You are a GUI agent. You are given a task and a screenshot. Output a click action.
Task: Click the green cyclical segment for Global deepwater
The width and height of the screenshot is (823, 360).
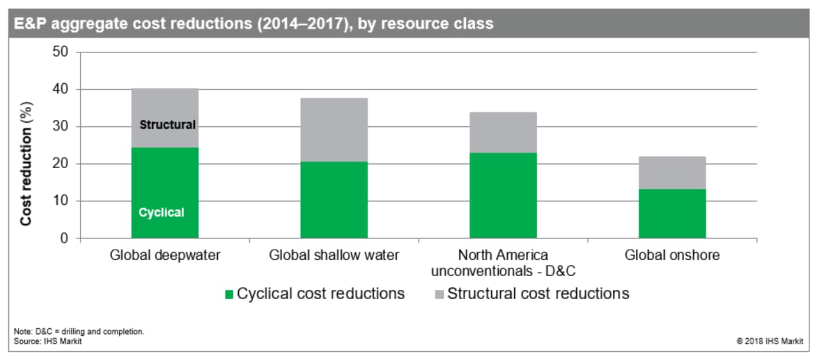pyautogui.click(x=165, y=193)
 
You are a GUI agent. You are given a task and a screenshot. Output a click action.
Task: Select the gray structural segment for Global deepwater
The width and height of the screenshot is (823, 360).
pyautogui.click(x=165, y=118)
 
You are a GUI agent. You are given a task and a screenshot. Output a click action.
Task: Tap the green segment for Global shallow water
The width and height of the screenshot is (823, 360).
pyautogui.click(x=334, y=200)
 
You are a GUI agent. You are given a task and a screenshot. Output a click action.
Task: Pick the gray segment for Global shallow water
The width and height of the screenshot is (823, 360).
pyautogui.click(x=334, y=130)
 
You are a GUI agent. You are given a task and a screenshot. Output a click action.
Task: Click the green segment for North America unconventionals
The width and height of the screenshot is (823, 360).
pyautogui.click(x=503, y=195)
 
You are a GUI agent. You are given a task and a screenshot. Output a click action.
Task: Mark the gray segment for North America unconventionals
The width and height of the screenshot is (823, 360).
pyautogui.click(x=503, y=133)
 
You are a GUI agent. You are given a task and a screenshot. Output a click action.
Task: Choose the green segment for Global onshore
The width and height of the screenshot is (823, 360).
pyautogui.click(x=672, y=214)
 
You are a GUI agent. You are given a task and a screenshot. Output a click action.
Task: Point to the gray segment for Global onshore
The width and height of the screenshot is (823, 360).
pyautogui.click(x=672, y=173)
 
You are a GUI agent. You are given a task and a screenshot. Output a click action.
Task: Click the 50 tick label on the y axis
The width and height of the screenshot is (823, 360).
pyautogui.click(x=60, y=51)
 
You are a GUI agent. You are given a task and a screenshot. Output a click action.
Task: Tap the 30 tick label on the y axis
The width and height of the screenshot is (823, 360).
pyautogui.click(x=60, y=126)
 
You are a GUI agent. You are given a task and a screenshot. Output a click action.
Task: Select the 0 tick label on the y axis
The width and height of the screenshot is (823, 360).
pyautogui.click(x=64, y=238)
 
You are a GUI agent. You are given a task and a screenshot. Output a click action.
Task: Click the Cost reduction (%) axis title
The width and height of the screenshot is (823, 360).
pyautogui.click(x=26, y=163)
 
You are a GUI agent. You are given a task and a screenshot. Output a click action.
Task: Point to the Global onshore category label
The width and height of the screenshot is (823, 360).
pyautogui.click(x=672, y=255)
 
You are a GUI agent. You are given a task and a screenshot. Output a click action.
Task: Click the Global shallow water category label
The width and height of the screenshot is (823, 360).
pyautogui.click(x=334, y=255)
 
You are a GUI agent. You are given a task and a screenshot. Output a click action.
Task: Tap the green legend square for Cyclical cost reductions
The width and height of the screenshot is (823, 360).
pyautogui.click(x=229, y=294)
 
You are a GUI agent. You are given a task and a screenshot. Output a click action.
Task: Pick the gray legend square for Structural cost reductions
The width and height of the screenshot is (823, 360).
pyautogui.click(x=439, y=294)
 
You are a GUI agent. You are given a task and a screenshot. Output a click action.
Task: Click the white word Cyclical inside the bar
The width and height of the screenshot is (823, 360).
pyautogui.click(x=161, y=212)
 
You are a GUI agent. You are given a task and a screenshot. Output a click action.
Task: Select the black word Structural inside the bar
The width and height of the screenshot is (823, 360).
pyautogui.click(x=168, y=125)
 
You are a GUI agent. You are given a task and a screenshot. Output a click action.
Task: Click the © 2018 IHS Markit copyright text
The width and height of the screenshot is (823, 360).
pyautogui.click(x=770, y=341)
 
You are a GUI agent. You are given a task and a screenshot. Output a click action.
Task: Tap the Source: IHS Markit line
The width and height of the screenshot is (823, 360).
pyautogui.click(x=48, y=341)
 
